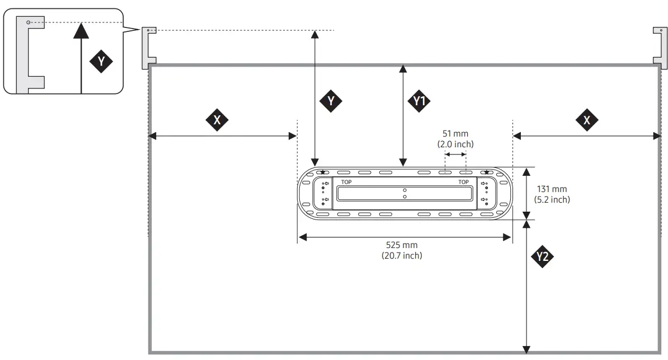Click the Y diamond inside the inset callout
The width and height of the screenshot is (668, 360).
pos(101,61)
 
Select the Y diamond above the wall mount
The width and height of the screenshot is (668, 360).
pos(331,100)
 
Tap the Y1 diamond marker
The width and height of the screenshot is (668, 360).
pos(419,101)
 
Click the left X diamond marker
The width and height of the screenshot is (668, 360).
pos(217,120)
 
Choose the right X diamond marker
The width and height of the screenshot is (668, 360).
pos(586,120)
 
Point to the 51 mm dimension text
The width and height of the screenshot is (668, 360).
pos(455,134)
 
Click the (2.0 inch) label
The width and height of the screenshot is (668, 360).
pos(455,144)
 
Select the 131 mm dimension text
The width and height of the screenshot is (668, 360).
pos(552,189)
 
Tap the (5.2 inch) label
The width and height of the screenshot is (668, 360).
pos(552,199)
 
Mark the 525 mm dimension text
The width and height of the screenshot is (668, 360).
pos(402,245)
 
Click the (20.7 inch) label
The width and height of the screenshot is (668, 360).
pos(402,255)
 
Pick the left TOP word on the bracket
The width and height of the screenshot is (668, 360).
pos(346,182)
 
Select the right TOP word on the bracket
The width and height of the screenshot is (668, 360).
pos(463,182)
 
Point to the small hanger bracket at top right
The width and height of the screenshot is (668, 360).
pos(660,48)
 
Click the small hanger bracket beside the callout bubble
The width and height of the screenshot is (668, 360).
pos(148,48)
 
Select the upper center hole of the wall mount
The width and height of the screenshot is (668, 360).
pos(404,190)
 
